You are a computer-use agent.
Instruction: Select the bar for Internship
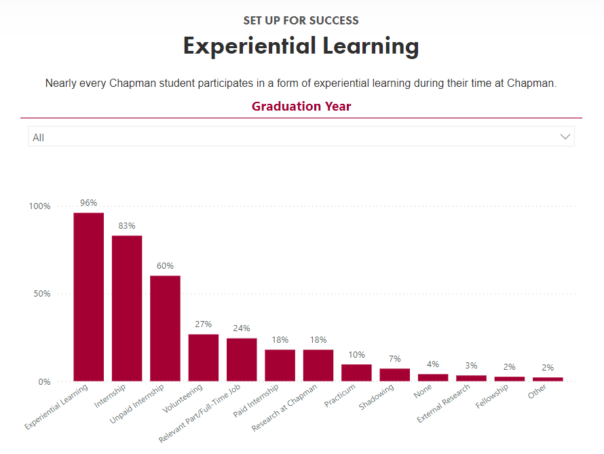[127, 309]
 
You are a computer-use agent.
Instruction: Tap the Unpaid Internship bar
[165, 328]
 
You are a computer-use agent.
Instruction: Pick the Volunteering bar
[204, 358]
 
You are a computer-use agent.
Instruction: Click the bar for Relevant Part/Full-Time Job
[242, 360]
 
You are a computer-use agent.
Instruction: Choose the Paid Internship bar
[280, 365]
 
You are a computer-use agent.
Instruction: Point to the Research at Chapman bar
[318, 365]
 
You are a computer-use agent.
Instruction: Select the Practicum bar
[356, 373]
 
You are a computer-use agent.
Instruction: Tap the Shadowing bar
[394, 375]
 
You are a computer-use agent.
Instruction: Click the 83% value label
[127, 226]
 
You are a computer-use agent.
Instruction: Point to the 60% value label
[165, 266]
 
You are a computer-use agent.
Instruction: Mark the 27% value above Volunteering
[204, 324]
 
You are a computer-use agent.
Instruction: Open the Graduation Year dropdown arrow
[565, 137]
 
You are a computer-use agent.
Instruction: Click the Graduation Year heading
[301, 107]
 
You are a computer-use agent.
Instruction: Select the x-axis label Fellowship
[493, 397]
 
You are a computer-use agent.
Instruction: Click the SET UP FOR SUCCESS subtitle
[301, 20]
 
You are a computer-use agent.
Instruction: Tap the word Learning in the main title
[362, 46]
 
